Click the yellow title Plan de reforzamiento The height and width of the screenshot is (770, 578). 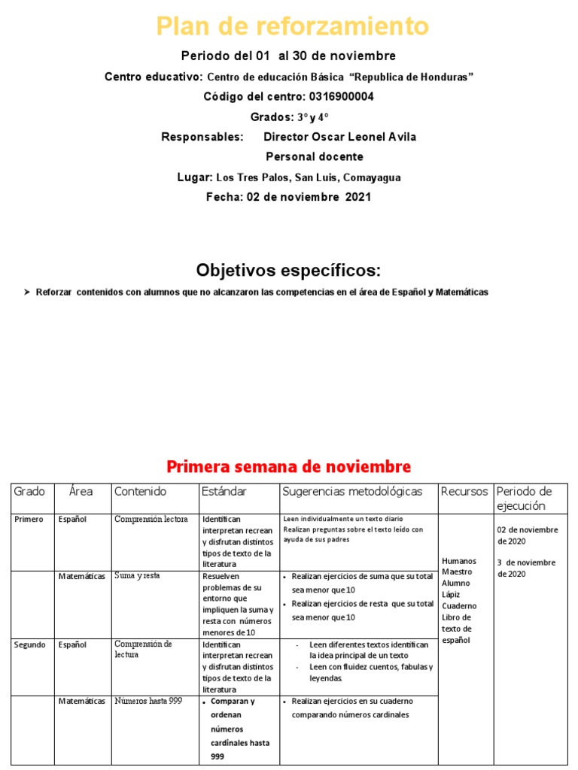click(x=292, y=27)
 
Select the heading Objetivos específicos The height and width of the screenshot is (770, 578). click(x=289, y=270)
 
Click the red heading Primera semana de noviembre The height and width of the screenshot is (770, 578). click(x=288, y=466)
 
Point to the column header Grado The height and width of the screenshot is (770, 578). click(x=29, y=492)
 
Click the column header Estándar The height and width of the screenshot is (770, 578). click(x=224, y=492)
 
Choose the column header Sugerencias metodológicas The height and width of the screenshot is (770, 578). click(x=352, y=492)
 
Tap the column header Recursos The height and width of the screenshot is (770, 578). click(x=464, y=492)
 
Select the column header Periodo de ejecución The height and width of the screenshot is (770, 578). click(x=525, y=499)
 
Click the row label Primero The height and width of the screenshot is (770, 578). click(x=29, y=519)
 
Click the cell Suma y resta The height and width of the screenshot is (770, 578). click(x=138, y=576)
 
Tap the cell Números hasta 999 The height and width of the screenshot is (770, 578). click(x=148, y=702)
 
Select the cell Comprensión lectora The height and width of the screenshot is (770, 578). click(x=151, y=519)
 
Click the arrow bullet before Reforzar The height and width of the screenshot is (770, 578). click(x=27, y=292)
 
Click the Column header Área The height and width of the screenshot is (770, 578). click(x=81, y=492)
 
